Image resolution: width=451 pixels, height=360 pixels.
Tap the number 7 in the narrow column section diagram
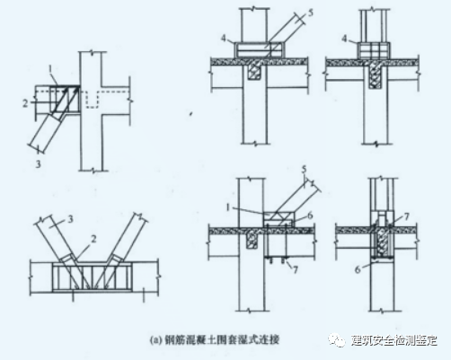tap(407, 218)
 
